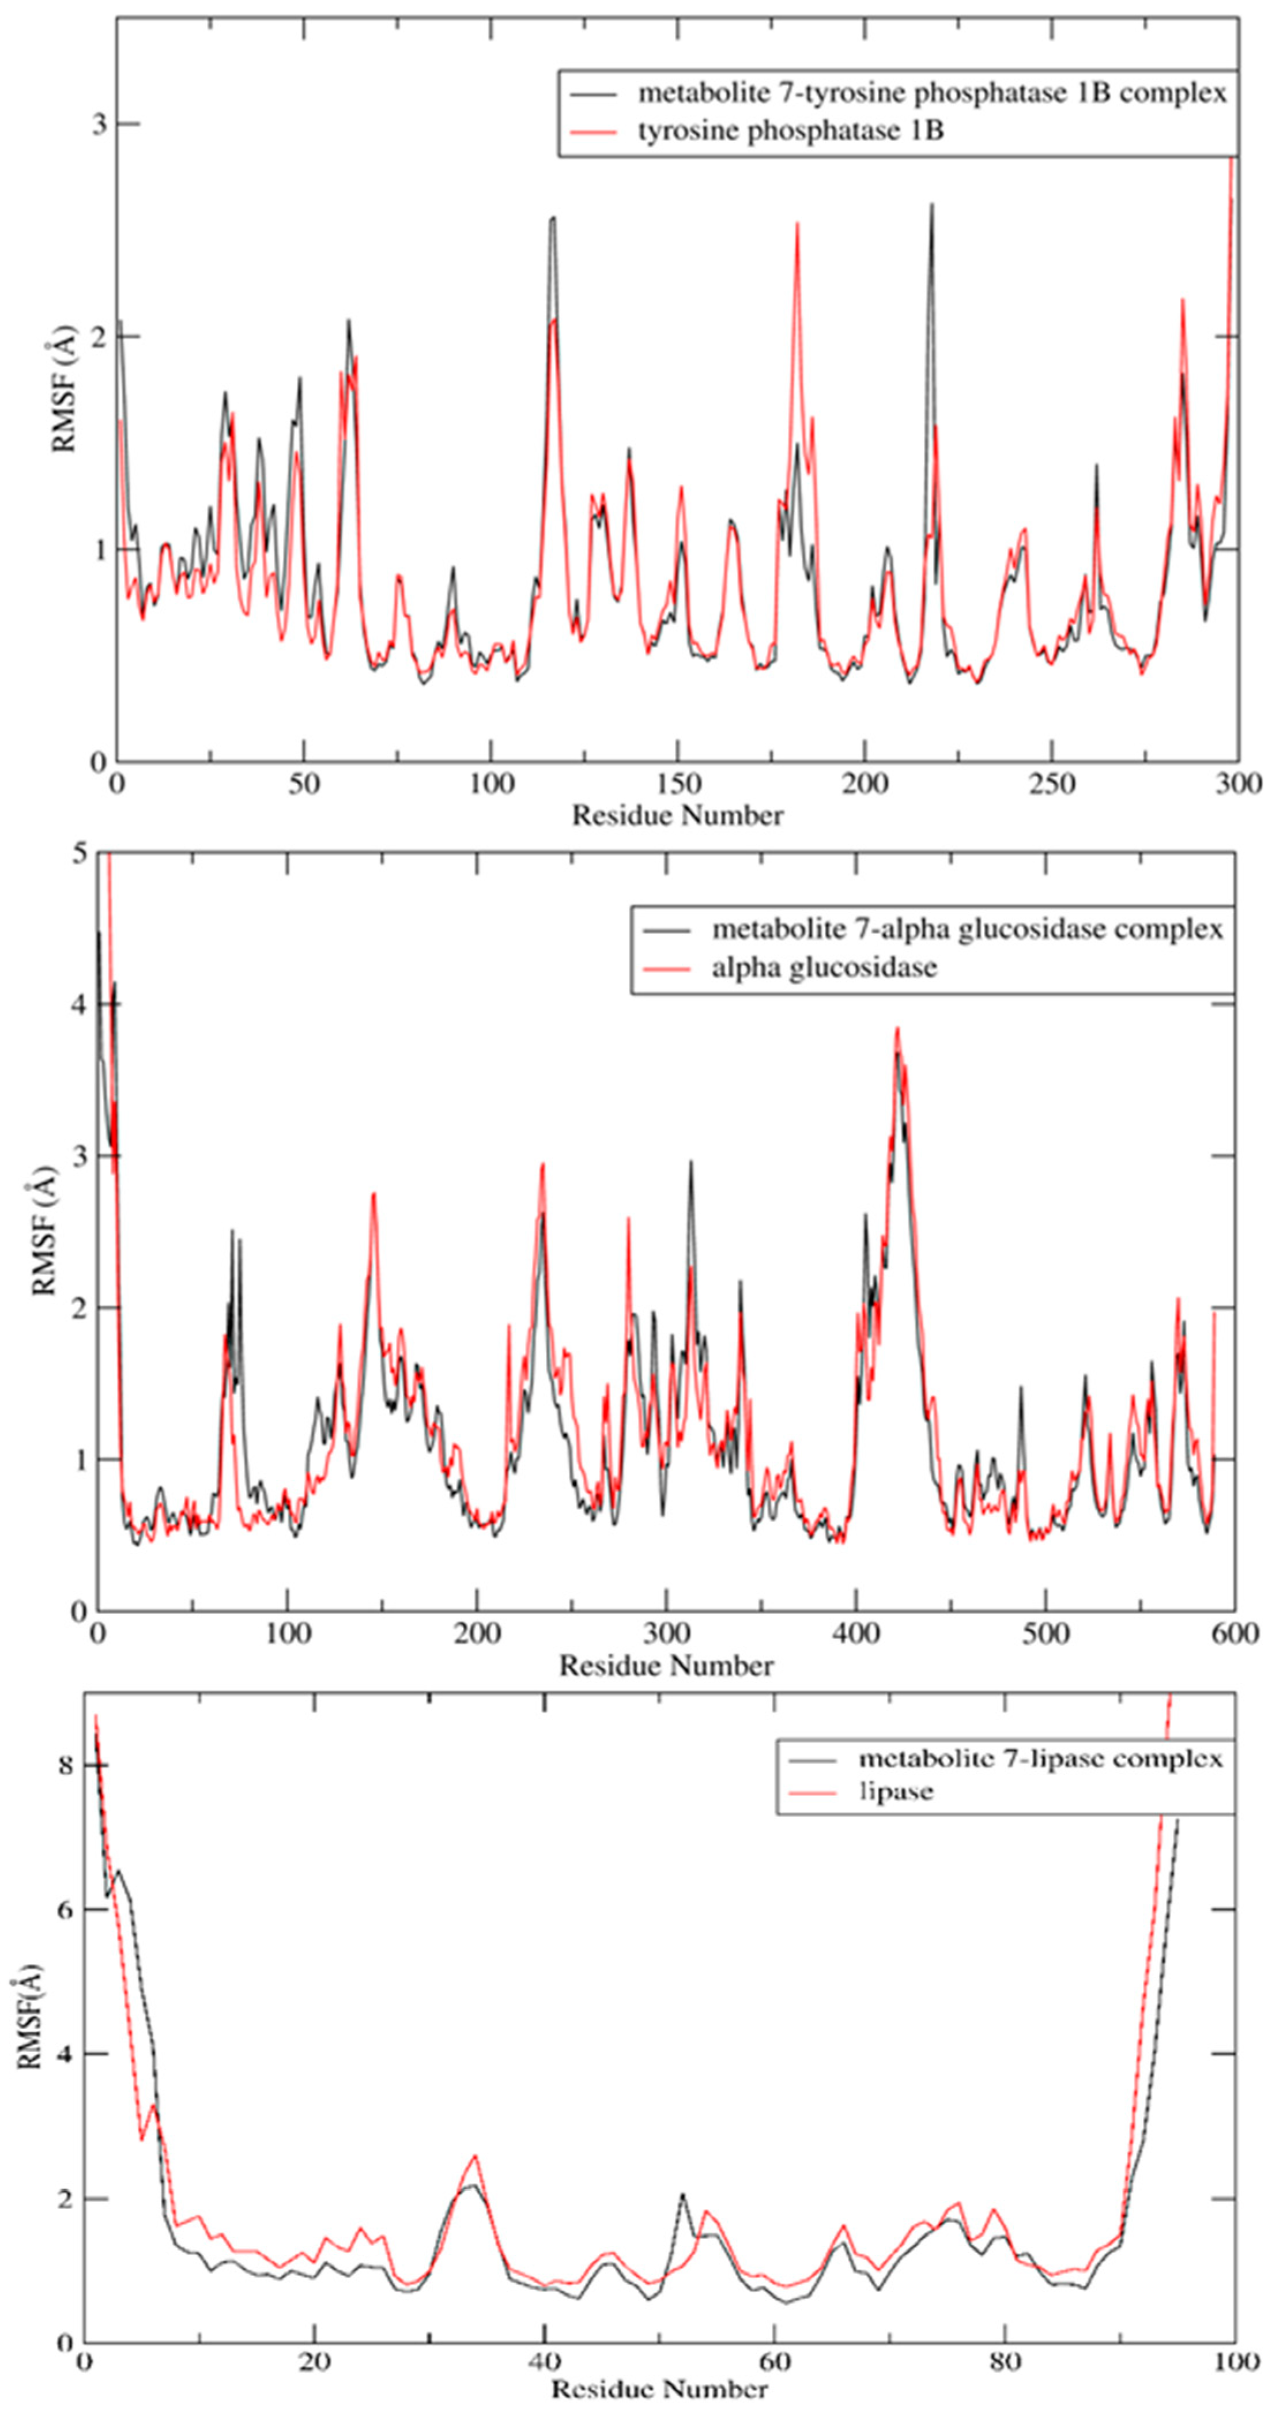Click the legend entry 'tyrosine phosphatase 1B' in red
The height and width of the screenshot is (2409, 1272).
[x=790, y=131]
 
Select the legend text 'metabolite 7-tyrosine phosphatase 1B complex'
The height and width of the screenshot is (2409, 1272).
[x=931, y=93]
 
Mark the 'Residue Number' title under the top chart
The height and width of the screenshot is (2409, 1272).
[x=677, y=815]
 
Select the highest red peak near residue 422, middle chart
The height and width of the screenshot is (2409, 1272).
[x=897, y=1028]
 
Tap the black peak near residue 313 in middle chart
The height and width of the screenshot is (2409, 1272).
[x=691, y=1162]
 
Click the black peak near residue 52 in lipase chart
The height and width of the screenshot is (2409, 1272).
[x=683, y=2168]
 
